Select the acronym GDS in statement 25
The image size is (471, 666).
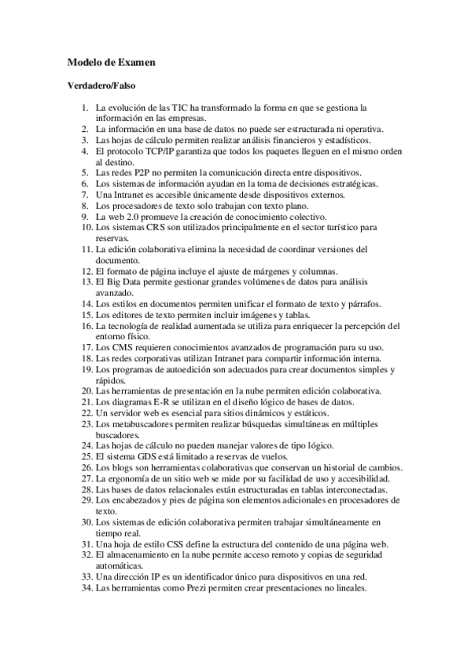coord(148,456)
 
